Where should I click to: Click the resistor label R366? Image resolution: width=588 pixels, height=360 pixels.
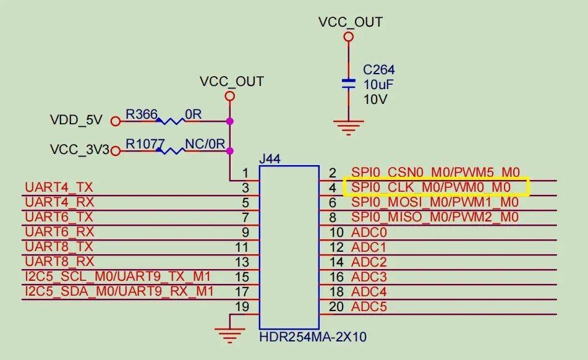142,114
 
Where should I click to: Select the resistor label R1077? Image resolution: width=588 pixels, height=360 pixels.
145,144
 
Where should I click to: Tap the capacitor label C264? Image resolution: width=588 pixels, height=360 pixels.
378,70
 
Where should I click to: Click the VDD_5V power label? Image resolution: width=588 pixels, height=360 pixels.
76,121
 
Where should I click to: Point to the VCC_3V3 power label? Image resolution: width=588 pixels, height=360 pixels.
79,150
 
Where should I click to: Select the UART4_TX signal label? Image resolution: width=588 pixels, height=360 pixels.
59,187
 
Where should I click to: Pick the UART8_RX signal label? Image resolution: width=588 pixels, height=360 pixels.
59,261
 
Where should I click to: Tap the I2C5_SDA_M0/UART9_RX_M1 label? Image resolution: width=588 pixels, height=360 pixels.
118,291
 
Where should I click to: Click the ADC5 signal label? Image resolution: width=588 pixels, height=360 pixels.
369,306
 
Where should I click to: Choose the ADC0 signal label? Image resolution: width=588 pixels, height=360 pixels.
369,233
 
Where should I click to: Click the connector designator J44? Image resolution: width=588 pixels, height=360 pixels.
270,159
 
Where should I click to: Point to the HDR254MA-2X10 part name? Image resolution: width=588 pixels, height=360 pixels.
313,337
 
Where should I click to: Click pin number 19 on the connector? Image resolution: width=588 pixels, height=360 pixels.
242,306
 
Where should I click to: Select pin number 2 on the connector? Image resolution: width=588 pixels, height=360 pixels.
333,173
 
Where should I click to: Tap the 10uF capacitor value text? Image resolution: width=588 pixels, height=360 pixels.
378,85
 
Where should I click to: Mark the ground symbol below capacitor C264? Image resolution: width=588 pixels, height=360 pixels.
349,128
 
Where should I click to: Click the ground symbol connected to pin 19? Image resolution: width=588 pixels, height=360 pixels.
229,335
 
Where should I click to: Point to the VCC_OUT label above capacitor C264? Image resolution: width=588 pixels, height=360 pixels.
350,22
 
